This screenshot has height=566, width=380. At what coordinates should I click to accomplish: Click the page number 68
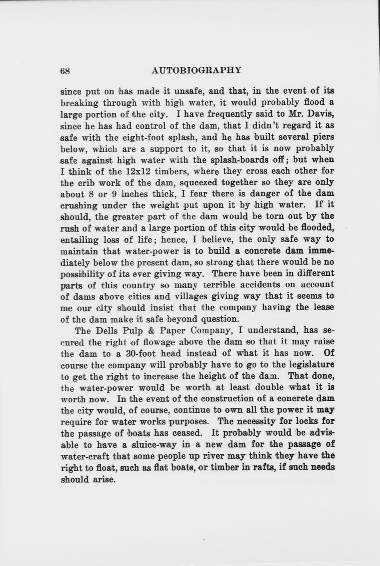click(65, 71)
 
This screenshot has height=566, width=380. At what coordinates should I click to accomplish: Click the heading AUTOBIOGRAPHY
click(196, 70)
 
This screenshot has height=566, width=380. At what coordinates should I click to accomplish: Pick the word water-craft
click(84, 456)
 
